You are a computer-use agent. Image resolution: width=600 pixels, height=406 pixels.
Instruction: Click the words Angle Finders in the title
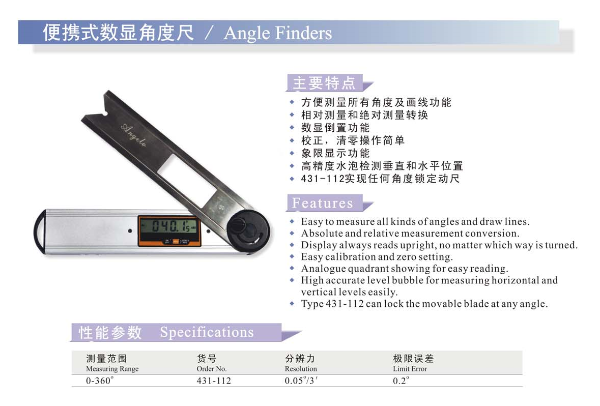coord(277,34)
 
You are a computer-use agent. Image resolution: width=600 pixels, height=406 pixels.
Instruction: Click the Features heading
coord(322,203)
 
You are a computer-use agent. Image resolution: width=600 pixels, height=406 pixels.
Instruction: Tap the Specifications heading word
coord(207,332)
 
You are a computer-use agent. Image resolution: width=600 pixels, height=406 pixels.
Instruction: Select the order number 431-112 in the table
coord(214,381)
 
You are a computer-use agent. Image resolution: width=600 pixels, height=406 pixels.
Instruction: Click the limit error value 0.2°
coord(402,381)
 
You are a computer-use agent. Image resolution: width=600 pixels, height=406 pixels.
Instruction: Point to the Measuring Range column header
coord(112,369)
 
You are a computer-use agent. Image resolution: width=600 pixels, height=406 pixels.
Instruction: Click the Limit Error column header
coord(410,369)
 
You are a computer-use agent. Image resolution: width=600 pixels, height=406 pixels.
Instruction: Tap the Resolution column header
coord(300,369)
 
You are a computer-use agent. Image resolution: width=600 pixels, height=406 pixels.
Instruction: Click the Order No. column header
coord(211,369)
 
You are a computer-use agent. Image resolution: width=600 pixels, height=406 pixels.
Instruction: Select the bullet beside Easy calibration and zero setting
coord(292,257)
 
